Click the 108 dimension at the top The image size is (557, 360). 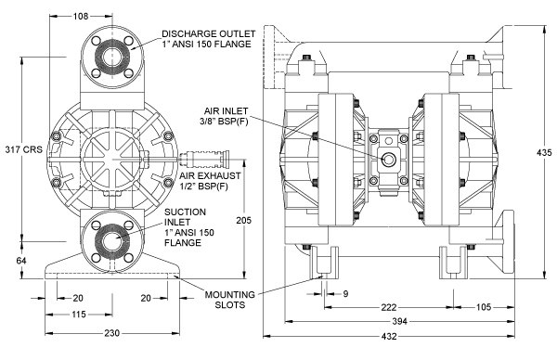coord(80,16)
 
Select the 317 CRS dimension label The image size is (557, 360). coord(23,149)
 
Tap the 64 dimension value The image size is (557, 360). coord(21,261)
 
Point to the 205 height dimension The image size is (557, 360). coord(243,220)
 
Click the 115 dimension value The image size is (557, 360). coord(79,315)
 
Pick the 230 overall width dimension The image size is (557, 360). coord(112,333)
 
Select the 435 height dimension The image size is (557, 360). coord(544,153)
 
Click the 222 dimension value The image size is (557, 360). coord(389,307)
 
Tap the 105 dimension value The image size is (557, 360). coord(484,307)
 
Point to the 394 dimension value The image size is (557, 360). coord(399,321)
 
